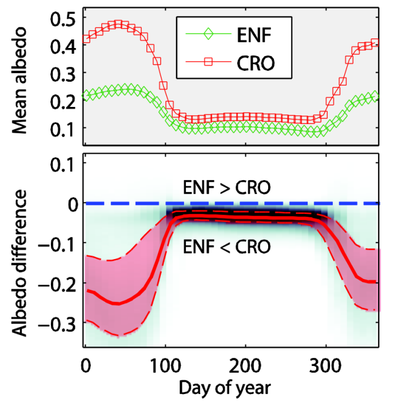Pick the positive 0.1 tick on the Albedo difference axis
(63, 164)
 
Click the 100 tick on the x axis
(165, 364)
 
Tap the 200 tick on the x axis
(245, 364)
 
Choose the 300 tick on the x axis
(325, 364)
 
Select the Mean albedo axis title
(22, 81)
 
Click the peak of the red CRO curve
(118, 24)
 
